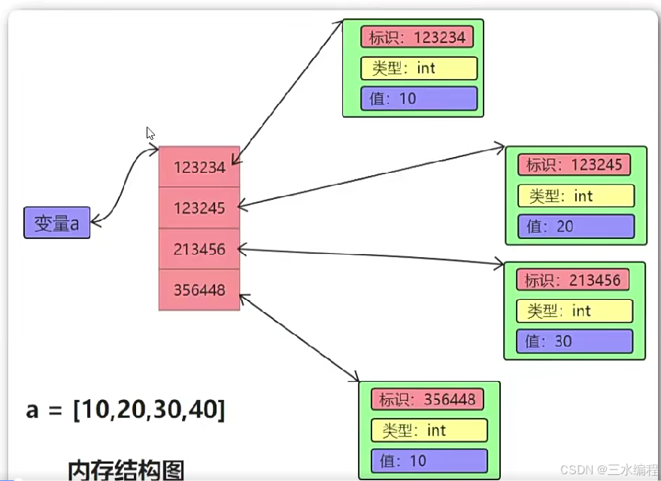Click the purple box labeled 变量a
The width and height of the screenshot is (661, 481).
coord(57,222)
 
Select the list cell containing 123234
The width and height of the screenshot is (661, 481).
coord(199,167)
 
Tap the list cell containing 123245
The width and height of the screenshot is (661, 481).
coord(199,208)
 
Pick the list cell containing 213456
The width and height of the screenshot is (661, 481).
coord(199,249)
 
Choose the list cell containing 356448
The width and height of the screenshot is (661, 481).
coord(199,289)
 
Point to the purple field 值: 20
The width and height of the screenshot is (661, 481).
coord(575,226)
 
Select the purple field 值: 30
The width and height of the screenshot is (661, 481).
coord(574,341)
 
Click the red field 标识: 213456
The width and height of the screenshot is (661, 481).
coord(573,280)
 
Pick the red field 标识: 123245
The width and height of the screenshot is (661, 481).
coord(575,165)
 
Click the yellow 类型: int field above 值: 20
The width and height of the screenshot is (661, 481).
coord(575,196)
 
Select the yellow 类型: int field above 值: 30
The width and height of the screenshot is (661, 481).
coord(574,310)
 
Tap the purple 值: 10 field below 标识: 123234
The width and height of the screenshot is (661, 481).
coord(419,98)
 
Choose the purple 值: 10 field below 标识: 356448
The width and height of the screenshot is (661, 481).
coord(429,461)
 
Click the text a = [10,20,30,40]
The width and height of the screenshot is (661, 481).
coord(125,410)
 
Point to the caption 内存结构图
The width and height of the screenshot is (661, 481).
coord(126,470)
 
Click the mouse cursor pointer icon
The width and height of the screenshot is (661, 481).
coord(150,133)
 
